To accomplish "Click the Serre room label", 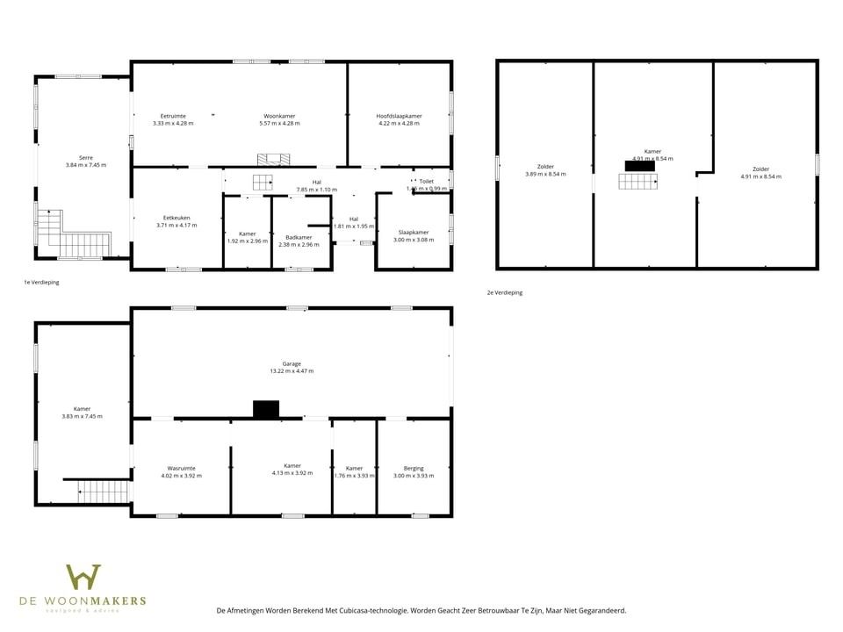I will (85, 157).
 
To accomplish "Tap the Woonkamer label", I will (279, 116).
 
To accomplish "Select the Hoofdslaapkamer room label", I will (399, 116).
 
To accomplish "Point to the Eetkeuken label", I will (177, 218).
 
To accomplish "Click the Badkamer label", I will (299, 237).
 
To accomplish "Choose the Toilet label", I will (426, 182).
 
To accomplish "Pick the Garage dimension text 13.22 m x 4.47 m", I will (292, 371).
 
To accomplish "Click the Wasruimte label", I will (181, 468).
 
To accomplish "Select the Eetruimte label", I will (173, 116).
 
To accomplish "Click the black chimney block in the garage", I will (265, 409).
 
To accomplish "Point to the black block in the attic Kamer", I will (639, 166).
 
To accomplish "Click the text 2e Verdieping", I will (504, 292).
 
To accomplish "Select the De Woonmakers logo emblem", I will (83, 578).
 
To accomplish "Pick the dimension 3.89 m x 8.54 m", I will (545, 174).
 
